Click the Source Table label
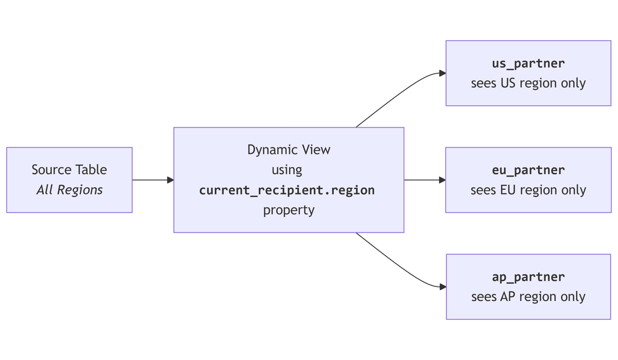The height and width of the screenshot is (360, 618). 69,170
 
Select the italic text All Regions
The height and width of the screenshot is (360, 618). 69,190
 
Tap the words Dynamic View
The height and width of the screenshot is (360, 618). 289,150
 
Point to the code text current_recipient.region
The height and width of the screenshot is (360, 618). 287,190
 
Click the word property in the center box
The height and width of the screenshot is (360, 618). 289,210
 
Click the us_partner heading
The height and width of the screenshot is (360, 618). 528,63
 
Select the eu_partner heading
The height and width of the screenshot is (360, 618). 528,170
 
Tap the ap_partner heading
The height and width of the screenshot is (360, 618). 528,277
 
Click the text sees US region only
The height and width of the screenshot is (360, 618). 528,83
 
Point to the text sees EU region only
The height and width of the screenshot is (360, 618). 528,190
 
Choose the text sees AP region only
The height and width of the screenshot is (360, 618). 528,297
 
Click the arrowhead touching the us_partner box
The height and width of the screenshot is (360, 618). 442,73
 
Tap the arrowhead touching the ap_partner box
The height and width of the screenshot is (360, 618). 442,287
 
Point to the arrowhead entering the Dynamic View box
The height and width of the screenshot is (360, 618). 170,180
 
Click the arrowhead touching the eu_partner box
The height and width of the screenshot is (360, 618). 442,180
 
